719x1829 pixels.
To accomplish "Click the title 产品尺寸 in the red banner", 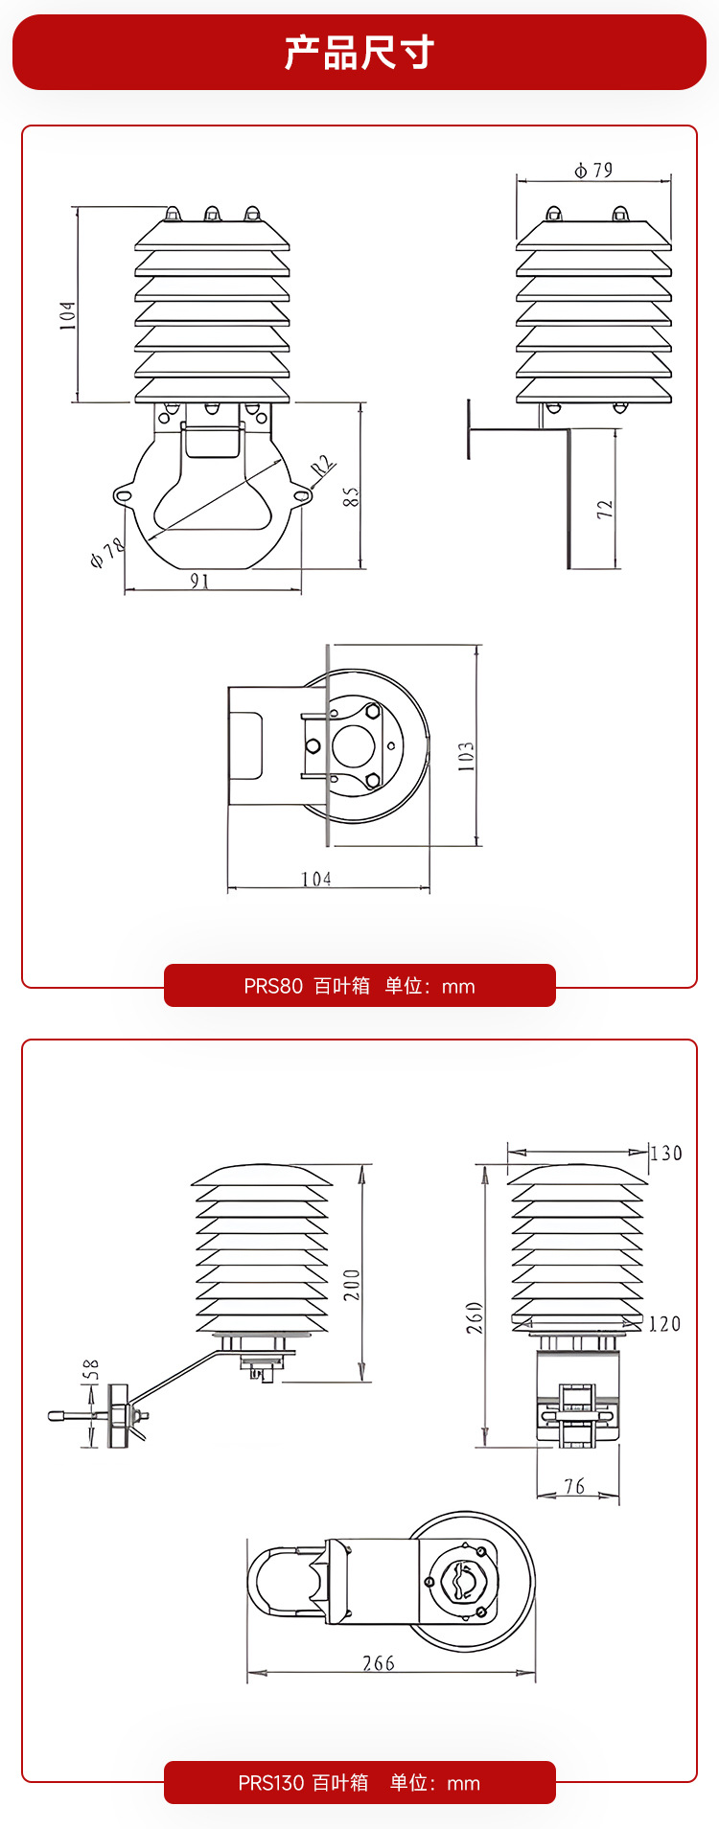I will [x=359, y=53].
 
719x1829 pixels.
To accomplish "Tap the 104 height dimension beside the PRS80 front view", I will [x=68, y=315].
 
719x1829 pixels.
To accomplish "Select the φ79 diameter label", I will [x=593, y=171].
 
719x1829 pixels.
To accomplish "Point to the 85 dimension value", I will [x=352, y=496].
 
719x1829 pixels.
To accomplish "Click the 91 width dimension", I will [x=200, y=581].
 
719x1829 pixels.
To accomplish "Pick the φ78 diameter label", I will [x=107, y=553].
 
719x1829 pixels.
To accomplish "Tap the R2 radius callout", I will [x=322, y=467].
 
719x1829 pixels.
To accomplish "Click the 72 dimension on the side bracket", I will [x=605, y=509].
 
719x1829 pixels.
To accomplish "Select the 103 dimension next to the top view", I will [x=466, y=756].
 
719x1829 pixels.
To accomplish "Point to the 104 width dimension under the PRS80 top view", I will [x=316, y=879].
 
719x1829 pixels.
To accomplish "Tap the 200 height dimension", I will [x=353, y=1284].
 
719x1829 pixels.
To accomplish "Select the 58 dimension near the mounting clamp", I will [x=91, y=1370].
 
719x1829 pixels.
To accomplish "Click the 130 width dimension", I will [x=666, y=1154].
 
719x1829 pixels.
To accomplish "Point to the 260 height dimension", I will [x=475, y=1317].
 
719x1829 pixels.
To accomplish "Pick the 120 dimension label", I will [x=664, y=1324].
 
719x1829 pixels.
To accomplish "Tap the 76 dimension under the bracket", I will [x=574, y=1486].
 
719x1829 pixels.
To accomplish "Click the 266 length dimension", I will [x=379, y=1663].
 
